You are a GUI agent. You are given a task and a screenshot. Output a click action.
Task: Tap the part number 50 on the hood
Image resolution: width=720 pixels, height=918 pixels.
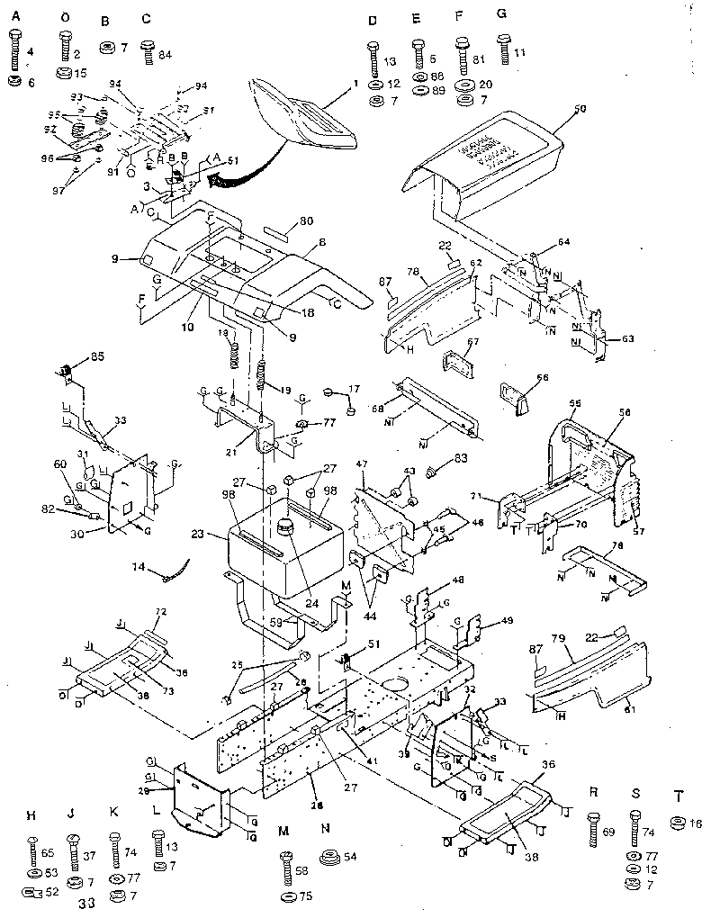tap(580, 109)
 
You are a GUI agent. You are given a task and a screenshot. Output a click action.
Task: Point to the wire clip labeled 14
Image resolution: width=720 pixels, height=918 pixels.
tap(178, 569)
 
